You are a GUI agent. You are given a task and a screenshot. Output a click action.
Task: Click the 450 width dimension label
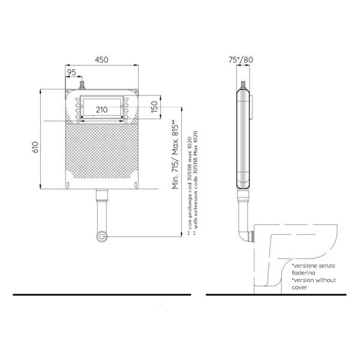(x=101, y=59)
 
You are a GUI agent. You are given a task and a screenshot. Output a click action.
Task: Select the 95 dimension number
(x=71, y=73)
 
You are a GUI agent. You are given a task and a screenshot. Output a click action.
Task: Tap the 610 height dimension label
(x=35, y=147)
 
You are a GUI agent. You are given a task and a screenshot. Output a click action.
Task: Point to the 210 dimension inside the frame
(x=102, y=110)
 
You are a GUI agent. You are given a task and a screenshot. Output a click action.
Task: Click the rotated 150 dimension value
(x=155, y=107)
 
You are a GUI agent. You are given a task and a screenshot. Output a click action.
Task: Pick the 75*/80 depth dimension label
(x=241, y=59)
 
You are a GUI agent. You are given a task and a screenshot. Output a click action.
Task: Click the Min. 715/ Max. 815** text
(x=176, y=154)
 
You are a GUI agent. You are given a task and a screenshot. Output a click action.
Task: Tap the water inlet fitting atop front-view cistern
(x=82, y=85)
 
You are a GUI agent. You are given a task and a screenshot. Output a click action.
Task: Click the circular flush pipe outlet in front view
(x=102, y=236)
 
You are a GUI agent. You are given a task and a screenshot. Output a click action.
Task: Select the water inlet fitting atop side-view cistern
(x=244, y=85)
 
